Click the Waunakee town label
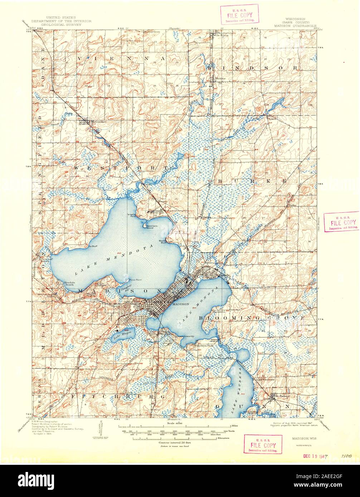pos(90,122)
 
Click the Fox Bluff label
pos(93,246)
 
